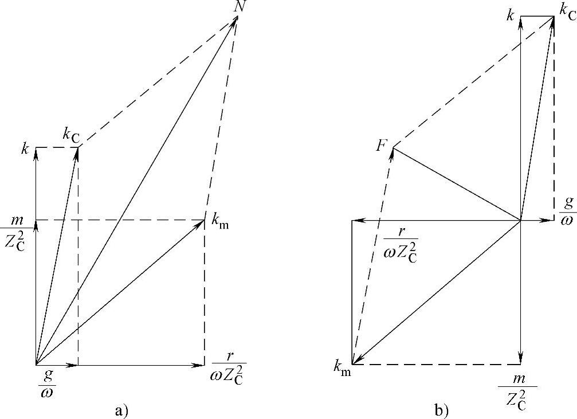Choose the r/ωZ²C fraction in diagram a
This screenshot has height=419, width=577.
click(229, 373)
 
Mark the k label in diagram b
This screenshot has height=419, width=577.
click(510, 15)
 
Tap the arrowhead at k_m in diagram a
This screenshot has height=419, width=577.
click(202, 222)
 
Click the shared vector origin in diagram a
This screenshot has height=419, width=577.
click(36, 365)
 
